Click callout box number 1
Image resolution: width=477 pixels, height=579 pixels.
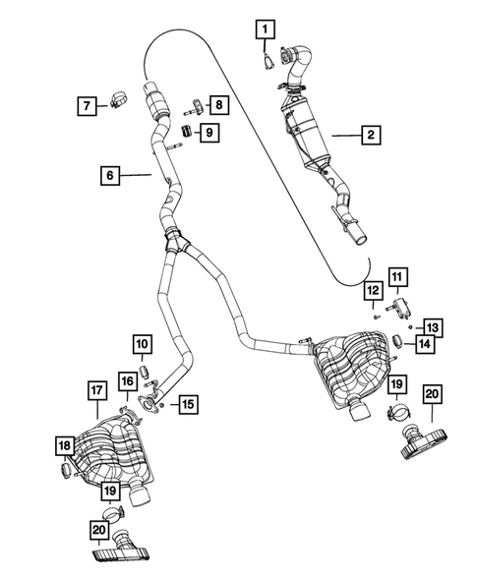[265, 30]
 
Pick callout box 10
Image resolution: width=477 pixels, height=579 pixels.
[144, 344]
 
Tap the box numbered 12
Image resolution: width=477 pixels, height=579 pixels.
[372, 290]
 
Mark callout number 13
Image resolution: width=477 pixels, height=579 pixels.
[433, 327]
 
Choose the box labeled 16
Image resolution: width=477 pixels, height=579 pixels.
[127, 381]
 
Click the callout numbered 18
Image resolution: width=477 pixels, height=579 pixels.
[64, 447]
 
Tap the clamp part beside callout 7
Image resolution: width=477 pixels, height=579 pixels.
[118, 100]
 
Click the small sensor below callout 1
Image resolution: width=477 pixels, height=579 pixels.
[268, 61]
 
